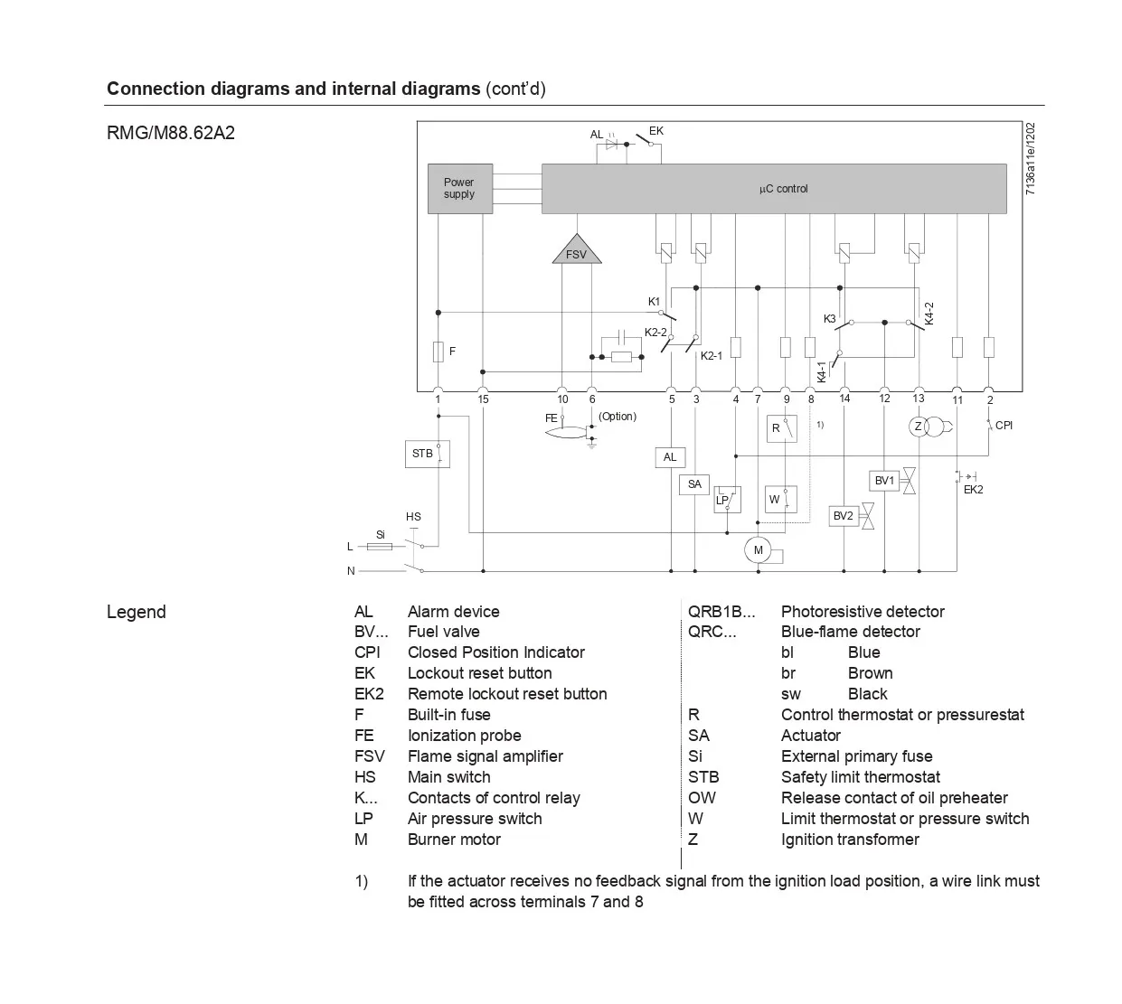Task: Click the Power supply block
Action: [459, 189]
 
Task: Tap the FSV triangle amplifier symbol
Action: [576, 251]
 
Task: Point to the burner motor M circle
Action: [758, 550]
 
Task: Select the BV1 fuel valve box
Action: [884, 481]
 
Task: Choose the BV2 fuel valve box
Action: [844, 516]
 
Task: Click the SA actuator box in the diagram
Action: [694, 484]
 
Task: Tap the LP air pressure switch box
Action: [727, 499]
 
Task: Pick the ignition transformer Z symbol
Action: [919, 427]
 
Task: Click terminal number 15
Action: [483, 399]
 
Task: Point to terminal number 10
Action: [562, 399]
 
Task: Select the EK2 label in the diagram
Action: [973, 490]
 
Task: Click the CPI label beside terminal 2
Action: [1004, 425]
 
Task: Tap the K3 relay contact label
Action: [830, 319]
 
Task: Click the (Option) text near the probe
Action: [618, 417]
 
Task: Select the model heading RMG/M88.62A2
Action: [171, 133]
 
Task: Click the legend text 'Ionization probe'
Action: [464, 736]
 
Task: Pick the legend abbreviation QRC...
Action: [712, 632]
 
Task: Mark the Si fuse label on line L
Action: [381, 535]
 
